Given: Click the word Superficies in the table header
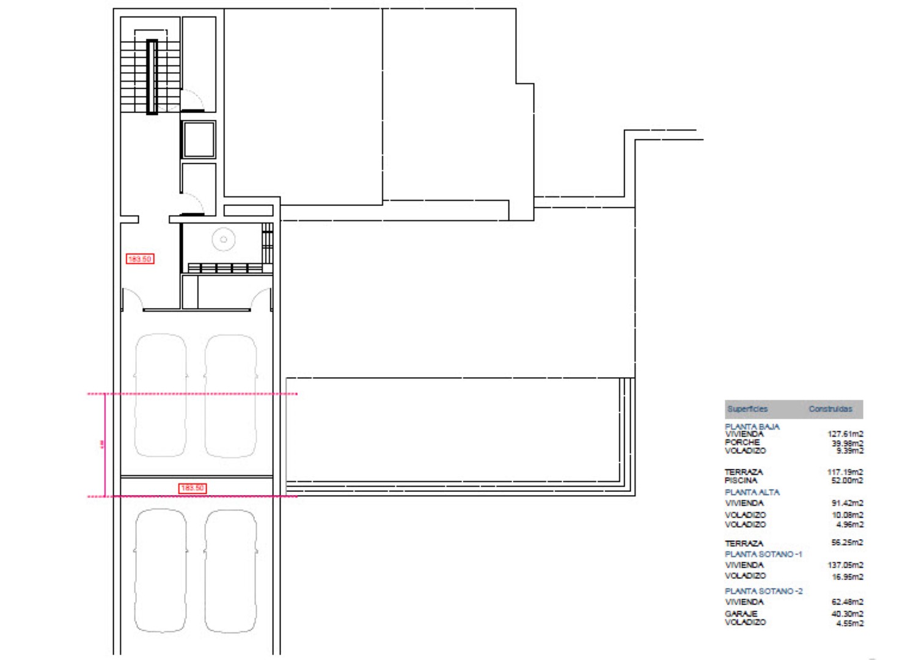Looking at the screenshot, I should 747,409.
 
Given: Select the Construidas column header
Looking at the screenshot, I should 830,409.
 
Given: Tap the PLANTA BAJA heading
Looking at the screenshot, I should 752,427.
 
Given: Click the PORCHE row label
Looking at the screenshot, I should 742,442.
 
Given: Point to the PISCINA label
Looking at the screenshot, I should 741,480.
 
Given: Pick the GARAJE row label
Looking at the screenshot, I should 741,614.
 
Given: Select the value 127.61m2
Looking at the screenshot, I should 845,434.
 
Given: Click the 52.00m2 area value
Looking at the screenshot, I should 847,480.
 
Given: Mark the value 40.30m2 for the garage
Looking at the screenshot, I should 847,614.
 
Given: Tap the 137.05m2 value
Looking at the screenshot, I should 845,565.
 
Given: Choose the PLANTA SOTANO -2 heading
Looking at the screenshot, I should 763,591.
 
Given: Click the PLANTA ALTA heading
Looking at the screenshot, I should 752,492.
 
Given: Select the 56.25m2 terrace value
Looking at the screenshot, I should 847,542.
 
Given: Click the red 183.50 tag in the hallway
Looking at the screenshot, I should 140,259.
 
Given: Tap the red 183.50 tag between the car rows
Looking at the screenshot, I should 193,488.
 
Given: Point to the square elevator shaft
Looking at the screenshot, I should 199,140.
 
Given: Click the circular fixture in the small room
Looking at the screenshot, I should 224,240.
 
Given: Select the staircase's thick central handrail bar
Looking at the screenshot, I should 152,77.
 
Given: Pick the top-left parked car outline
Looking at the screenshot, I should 161,395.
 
